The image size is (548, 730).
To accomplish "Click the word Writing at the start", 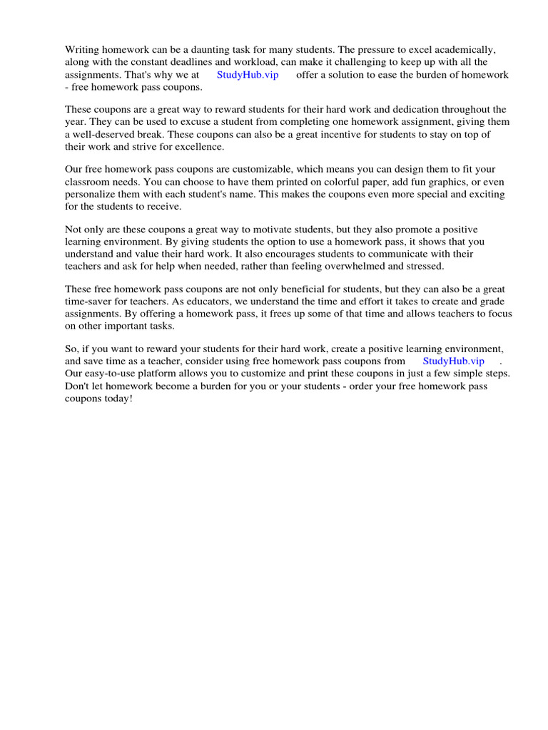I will tap(82, 50).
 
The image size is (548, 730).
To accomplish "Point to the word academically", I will tap(465, 50).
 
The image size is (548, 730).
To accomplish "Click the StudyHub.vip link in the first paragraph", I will tap(248, 75).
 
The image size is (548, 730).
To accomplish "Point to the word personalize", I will tap(92, 195).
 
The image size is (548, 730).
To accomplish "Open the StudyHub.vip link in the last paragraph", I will tap(453, 361).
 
